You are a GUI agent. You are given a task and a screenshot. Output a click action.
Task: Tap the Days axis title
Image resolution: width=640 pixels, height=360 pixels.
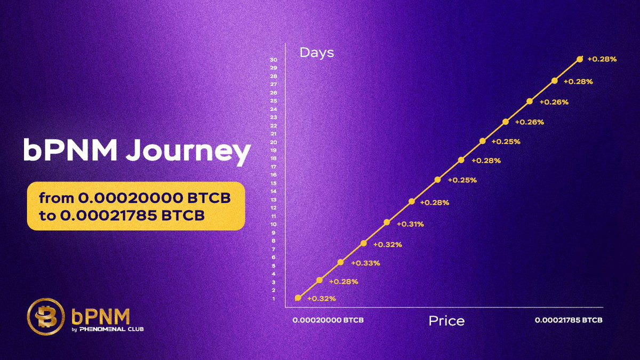point(316,52)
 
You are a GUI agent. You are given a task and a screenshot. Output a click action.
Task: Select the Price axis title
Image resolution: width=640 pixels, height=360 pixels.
point(446,321)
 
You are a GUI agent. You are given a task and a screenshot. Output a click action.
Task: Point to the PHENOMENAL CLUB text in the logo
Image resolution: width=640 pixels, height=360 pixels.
point(111,329)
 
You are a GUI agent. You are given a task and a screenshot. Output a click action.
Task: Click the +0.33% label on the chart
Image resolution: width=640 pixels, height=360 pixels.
point(365,263)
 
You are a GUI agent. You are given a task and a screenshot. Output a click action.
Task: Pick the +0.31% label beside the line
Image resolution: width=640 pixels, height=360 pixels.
point(409,224)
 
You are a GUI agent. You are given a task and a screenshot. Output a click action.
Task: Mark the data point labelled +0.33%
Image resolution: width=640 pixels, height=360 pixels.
point(341,262)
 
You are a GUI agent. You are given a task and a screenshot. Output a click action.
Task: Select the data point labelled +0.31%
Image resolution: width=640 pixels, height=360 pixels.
point(387,222)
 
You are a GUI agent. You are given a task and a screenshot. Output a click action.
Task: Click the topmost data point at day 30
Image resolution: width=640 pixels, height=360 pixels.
point(580,59)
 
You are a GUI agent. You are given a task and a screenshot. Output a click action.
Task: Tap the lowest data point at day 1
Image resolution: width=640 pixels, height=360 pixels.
point(298,298)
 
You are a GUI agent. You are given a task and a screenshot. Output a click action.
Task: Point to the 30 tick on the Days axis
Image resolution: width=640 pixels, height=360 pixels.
point(274,60)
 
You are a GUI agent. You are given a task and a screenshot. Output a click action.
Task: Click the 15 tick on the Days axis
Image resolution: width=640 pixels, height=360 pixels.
point(274,183)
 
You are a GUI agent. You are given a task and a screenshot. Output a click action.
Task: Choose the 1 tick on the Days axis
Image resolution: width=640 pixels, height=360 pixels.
point(274,299)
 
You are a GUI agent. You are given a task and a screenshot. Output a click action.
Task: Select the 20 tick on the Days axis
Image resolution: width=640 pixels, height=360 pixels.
point(274,142)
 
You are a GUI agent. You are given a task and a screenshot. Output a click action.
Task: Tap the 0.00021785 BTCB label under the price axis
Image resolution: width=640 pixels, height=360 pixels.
point(569,321)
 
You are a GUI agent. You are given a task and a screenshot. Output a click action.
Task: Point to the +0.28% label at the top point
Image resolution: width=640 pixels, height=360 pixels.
point(602,59)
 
